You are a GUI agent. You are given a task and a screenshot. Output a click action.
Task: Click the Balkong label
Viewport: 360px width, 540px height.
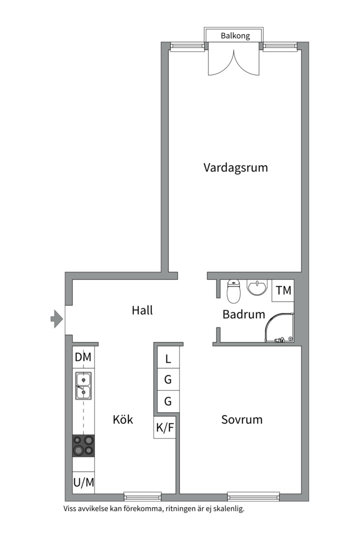click(x=235, y=35)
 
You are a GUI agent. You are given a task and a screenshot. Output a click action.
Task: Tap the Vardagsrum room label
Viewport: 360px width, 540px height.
click(x=235, y=167)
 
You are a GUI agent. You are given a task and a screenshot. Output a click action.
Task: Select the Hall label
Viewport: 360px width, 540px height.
click(x=142, y=310)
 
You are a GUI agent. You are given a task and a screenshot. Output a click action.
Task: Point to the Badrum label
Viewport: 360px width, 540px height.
click(x=243, y=314)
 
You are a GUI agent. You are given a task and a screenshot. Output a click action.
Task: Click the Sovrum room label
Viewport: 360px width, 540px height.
click(x=242, y=419)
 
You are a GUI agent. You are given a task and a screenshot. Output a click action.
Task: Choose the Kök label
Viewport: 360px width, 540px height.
click(x=123, y=419)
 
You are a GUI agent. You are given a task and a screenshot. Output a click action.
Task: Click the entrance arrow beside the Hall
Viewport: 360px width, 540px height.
click(x=57, y=319)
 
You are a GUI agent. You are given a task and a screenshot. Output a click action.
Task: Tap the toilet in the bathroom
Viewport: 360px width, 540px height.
click(x=233, y=291)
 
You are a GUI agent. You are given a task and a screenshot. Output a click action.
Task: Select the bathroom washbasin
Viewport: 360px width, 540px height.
click(x=257, y=287)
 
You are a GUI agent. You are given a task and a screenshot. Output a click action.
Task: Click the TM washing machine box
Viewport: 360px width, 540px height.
click(x=283, y=290)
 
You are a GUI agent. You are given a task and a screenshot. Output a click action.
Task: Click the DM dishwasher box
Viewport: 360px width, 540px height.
click(x=83, y=357)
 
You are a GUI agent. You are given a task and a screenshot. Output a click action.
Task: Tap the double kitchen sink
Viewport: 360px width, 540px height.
click(x=83, y=386)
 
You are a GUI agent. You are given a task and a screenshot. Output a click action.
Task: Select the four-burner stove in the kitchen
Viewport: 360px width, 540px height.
click(x=83, y=446)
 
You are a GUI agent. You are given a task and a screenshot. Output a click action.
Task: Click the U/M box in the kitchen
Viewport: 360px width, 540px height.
click(x=83, y=482)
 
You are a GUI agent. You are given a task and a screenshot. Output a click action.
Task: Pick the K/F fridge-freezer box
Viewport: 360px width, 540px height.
click(x=165, y=427)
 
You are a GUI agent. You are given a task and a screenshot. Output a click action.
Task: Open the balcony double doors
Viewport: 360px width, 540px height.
click(x=234, y=62)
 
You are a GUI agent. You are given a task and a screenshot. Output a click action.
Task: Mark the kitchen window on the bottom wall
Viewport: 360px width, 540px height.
click(x=142, y=496)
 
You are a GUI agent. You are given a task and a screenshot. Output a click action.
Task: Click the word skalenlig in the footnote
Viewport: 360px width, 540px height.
click(x=228, y=509)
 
